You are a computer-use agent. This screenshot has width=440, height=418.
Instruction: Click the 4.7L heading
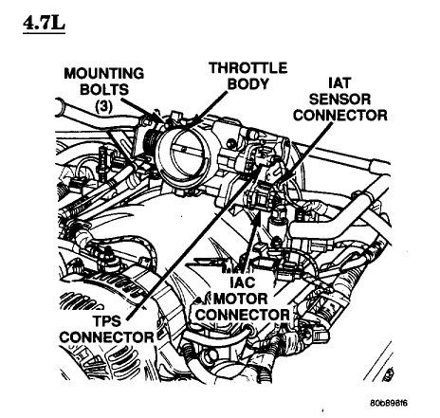[44, 24]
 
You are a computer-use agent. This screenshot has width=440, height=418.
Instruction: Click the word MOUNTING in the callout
[104, 74]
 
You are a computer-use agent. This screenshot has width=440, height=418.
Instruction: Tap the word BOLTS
[104, 89]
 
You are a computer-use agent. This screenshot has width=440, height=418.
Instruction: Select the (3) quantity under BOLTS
[104, 107]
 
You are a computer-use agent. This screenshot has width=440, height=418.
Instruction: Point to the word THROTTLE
[248, 68]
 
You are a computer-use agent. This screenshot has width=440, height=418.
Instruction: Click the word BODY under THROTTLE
[248, 84]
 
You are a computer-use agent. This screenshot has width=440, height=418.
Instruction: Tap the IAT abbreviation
[339, 83]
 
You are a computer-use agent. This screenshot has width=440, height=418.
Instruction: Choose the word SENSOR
[339, 100]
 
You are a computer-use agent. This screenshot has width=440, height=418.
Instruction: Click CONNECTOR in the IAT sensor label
[340, 115]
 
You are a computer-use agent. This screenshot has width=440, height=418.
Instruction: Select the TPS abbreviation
[107, 321]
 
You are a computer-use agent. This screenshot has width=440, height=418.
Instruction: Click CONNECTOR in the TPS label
[106, 337]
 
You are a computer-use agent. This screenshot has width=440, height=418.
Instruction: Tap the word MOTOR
[241, 299]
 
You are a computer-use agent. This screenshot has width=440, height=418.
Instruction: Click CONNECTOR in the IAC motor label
[243, 315]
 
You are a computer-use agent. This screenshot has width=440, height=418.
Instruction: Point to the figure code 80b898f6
[389, 403]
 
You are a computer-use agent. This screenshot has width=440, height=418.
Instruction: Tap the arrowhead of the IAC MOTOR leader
[259, 217]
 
